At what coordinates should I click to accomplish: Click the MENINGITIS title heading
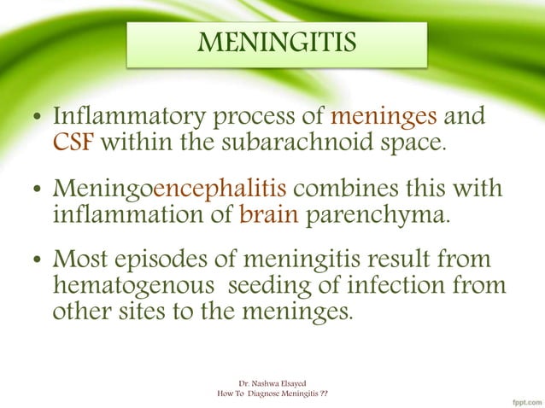(x=276, y=42)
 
